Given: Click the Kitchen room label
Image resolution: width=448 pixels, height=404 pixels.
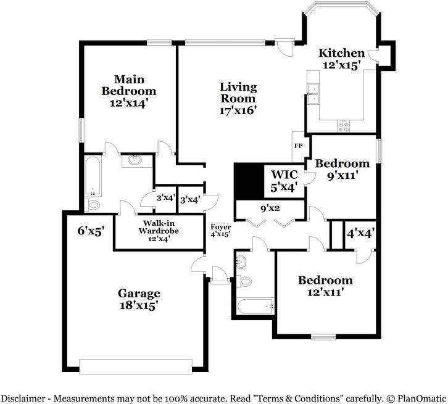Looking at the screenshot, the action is coord(341,53).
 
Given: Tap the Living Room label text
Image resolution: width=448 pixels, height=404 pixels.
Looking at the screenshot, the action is coord(238,93).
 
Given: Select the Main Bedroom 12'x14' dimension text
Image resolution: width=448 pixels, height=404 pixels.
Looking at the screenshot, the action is coord(128,103).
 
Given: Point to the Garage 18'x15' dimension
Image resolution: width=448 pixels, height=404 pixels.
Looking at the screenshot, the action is coord(139,305).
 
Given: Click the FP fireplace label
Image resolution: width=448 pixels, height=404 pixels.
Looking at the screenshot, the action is coord(298,146).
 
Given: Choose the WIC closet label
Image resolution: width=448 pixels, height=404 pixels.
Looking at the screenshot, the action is coord(284,175).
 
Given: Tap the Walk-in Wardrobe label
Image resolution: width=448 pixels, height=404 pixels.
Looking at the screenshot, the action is coord(159,227).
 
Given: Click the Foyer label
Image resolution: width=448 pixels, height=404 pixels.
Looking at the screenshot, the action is coord(220,227).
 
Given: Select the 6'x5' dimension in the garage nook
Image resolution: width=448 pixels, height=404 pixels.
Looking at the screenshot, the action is coord(91,231).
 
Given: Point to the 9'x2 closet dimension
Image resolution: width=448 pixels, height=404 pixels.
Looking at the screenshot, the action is coord(270,208).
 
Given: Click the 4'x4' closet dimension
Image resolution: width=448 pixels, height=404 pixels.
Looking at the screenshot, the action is coord(360,234).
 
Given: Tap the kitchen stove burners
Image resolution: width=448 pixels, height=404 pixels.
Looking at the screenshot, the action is coord(343,126).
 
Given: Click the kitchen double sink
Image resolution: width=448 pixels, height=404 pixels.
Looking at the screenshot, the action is coord(313,94).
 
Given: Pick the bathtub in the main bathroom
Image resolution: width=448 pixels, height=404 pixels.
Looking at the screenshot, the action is coord(93,176).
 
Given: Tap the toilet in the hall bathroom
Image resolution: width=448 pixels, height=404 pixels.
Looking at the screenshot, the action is coord(244,281).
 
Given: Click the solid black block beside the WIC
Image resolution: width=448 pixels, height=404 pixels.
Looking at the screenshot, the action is coord(249,181).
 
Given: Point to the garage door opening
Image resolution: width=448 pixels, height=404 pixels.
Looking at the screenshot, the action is coord(136,366).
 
